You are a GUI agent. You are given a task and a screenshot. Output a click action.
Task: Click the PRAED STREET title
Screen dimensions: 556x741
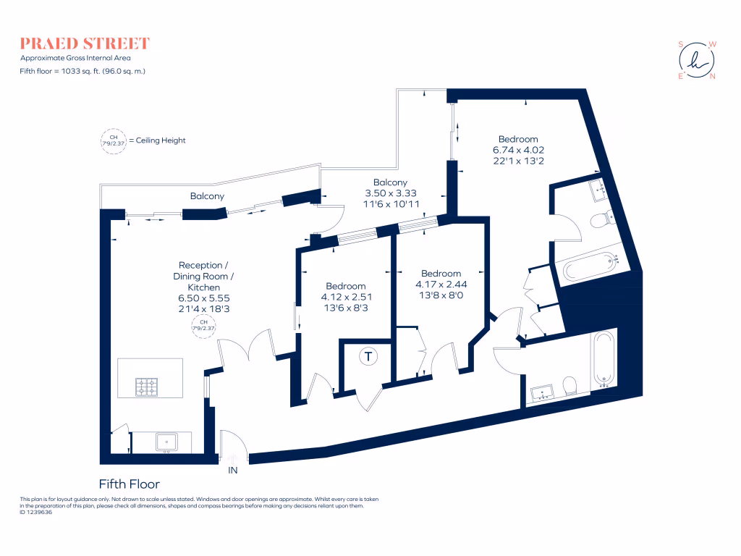85,43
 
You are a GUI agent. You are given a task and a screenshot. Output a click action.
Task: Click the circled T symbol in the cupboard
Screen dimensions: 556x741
369,356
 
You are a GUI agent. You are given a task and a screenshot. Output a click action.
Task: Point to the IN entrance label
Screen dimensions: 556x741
233,470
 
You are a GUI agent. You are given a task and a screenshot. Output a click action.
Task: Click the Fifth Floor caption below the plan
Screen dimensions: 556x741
129,484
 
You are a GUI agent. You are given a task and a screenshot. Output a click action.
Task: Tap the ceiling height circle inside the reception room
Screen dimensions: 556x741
202,327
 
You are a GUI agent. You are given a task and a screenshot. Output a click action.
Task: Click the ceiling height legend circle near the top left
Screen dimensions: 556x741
112,140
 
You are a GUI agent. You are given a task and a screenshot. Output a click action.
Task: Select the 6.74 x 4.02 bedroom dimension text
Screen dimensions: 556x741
517,150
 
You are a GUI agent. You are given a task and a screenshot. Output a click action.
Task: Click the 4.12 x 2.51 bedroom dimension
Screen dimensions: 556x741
345,297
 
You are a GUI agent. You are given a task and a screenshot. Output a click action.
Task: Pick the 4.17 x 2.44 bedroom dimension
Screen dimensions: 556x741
441,285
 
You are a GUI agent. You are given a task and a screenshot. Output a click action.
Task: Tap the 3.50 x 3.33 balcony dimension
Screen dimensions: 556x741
390,194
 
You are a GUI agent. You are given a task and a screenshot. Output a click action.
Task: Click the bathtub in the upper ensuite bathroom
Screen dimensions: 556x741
590,269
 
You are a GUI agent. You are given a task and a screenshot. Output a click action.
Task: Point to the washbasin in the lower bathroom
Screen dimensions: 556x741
542,394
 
